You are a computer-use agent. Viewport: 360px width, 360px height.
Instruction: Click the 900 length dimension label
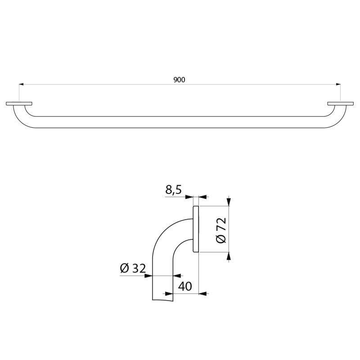click(x=179, y=80)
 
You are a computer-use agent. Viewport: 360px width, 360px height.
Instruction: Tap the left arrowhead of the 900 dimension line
click(x=21, y=84)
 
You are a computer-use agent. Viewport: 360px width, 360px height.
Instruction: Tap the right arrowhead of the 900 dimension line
click(x=338, y=84)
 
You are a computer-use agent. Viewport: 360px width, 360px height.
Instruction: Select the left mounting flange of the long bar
click(x=19, y=104)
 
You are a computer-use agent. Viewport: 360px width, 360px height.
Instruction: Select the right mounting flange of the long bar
click(x=340, y=104)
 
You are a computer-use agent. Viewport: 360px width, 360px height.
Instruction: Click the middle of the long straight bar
click(x=180, y=122)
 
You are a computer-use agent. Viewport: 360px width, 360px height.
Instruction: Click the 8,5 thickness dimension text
click(x=173, y=190)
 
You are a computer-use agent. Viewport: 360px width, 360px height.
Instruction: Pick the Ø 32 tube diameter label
click(x=133, y=269)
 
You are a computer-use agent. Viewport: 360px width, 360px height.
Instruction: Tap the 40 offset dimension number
click(x=185, y=286)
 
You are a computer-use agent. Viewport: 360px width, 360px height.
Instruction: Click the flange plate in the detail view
click(x=196, y=229)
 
